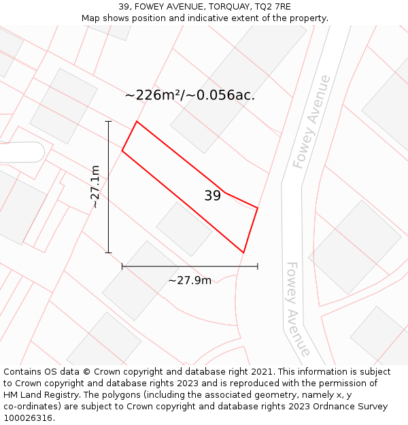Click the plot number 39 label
pos(212,196)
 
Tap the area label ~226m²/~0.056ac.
pos(190,95)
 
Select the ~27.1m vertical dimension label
pos(96,186)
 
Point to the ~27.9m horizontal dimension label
pos(190,280)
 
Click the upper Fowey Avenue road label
pos(311,122)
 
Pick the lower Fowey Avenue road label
pos(298,309)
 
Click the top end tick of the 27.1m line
pos(109,122)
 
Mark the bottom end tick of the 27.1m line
pos(109,252)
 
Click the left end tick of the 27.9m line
pos(122,267)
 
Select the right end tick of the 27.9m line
pos(258,267)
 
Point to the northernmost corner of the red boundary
pos(137,122)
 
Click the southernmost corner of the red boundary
pos(243,252)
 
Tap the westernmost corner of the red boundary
pos(122,150)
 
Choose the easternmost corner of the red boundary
pos(258,207)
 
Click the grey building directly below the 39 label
pos(184,229)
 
